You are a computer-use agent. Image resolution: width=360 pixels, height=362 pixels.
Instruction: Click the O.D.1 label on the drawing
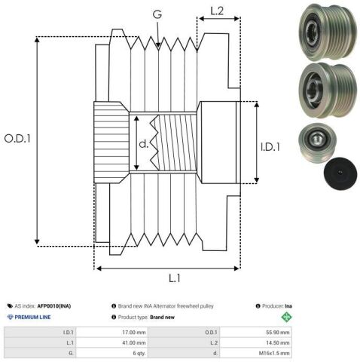tap(17, 140)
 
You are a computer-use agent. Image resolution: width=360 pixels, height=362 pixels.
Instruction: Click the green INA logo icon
tap(285, 317)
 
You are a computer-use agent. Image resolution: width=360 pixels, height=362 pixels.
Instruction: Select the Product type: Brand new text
tap(148, 317)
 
